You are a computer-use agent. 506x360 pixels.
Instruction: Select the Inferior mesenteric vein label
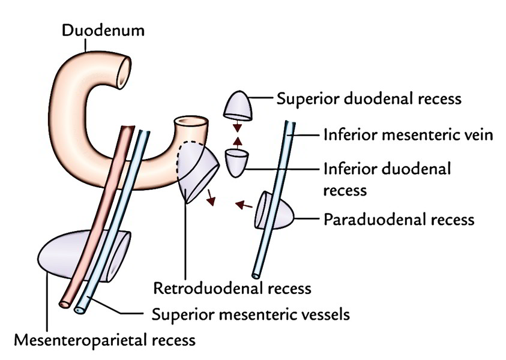click(408, 135)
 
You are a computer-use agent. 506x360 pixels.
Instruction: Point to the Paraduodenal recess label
click(399, 219)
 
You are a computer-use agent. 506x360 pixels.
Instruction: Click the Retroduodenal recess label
click(232, 288)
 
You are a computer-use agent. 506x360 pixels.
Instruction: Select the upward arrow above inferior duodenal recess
click(238, 142)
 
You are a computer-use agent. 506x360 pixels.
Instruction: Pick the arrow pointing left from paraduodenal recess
click(243, 206)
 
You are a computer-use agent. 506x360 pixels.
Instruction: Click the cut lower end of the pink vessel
click(64, 304)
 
